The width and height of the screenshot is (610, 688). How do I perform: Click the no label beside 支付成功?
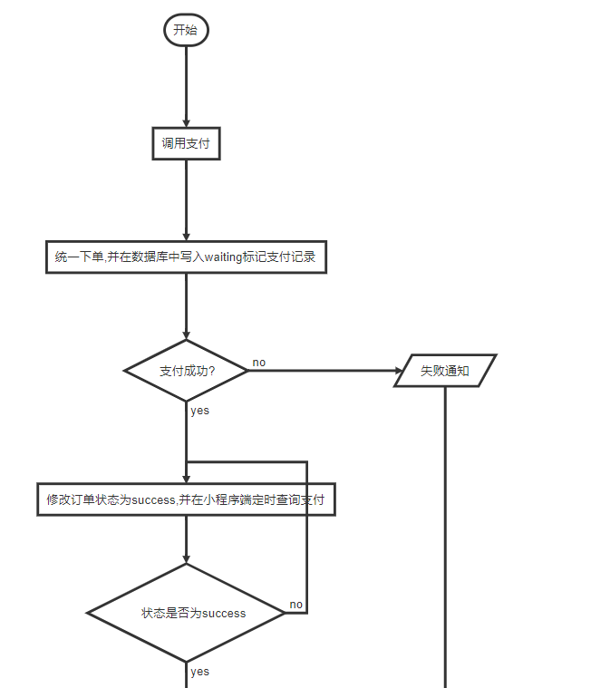pos(259,363)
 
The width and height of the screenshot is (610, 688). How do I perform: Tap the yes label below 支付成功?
pos(199,411)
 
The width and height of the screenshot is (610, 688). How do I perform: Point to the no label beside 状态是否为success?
pos(295,605)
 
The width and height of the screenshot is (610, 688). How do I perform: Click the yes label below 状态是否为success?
pos(199,672)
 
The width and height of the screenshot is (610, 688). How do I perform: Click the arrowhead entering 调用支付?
pos(186,123)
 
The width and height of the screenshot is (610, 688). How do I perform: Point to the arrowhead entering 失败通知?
pos(399,371)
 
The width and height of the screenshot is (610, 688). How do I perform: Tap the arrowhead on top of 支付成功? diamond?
pos(186,335)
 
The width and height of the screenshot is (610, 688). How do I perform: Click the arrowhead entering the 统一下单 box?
pos(186,237)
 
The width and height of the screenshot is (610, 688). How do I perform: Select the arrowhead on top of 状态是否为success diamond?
pos(186,559)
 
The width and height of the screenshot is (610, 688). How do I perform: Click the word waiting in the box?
pos(223,257)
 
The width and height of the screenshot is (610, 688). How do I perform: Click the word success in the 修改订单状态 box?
pos(153,499)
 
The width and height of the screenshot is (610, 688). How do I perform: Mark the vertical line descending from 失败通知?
pos(445,537)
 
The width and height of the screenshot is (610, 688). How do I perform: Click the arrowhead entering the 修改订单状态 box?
pos(186,480)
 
